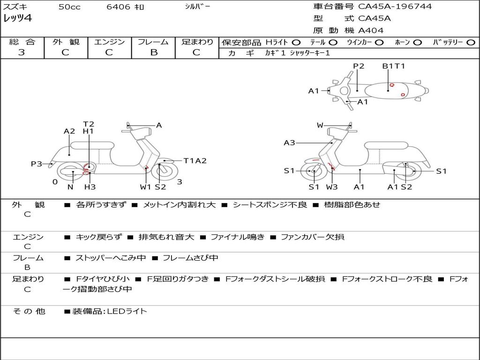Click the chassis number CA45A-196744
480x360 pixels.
pos(395,7)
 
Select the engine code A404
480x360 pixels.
pos(371,30)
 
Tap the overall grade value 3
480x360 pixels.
pos(22,52)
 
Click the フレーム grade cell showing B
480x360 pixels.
pos(154,52)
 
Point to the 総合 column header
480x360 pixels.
pos(22,42)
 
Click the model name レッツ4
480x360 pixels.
pos(18,19)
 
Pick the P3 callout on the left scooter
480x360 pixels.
pos(37,164)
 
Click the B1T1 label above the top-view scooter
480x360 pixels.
pos(393,66)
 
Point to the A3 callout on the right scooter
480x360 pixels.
pos(289,143)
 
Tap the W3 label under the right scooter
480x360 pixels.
pos(332,187)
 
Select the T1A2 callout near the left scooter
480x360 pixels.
pos(195,161)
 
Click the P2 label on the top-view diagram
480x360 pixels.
pos(359,66)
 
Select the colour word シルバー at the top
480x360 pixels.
pos(198,7)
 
